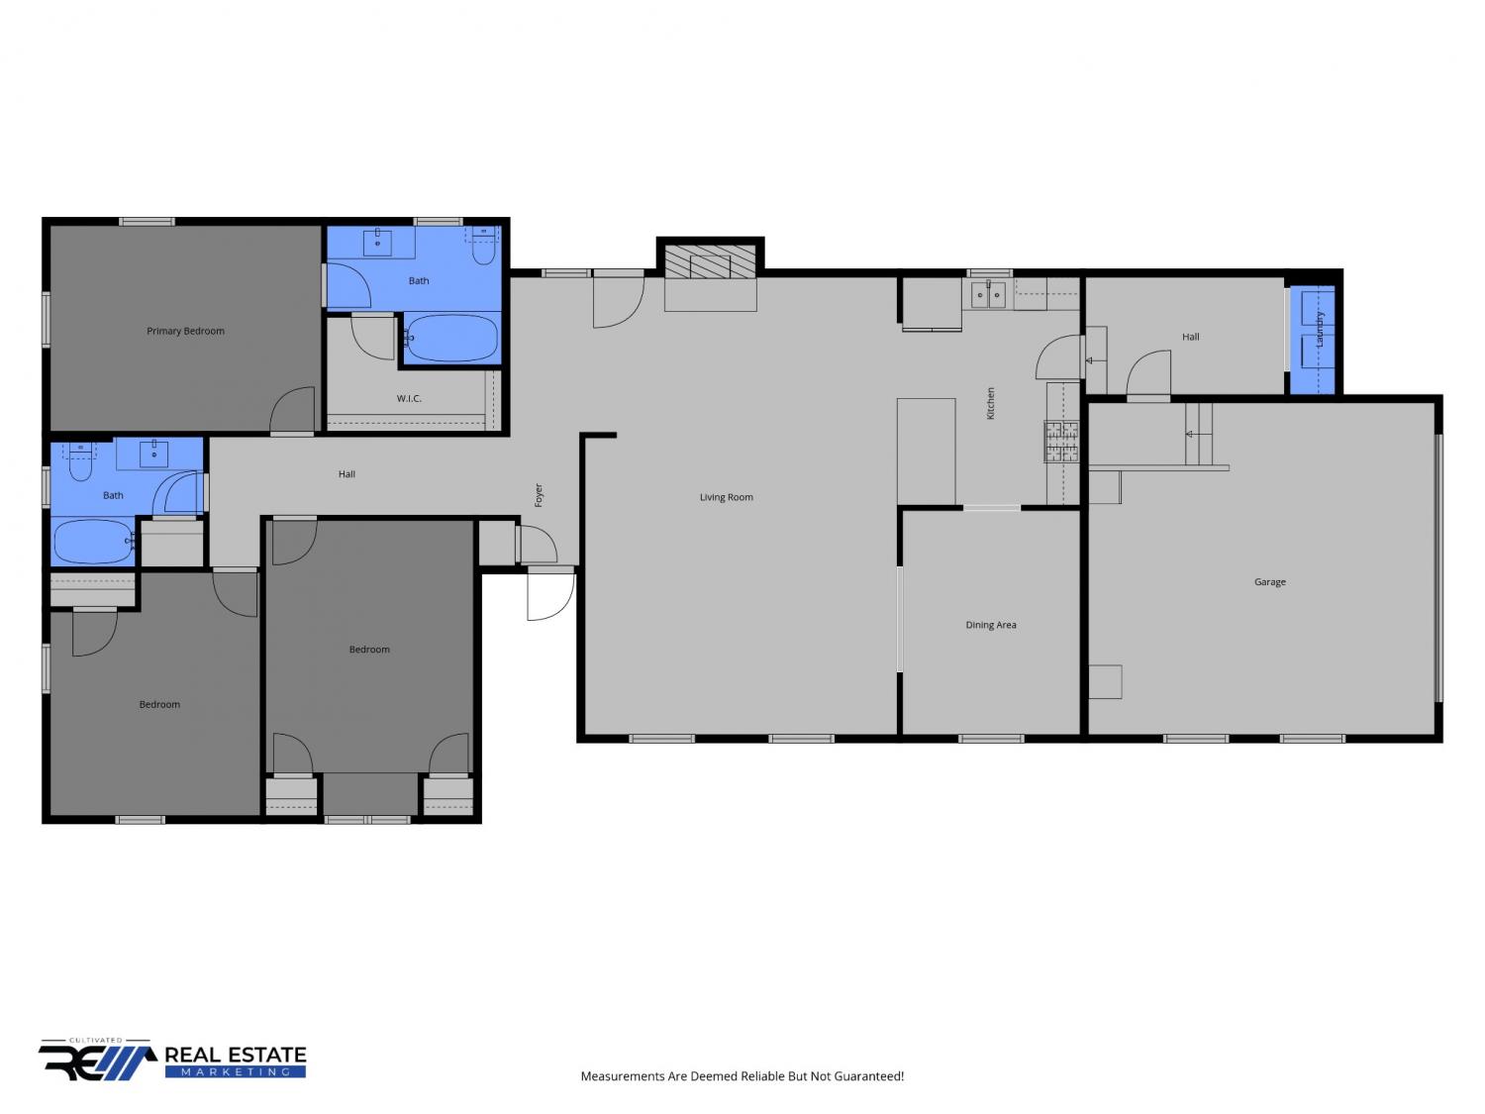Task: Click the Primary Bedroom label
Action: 185,331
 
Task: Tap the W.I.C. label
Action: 409,398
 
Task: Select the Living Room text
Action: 726,497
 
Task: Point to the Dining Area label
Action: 990,625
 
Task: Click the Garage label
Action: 1269,581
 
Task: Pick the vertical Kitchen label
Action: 990,403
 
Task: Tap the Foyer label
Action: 539,495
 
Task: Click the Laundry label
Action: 1320,330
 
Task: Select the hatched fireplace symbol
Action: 710,261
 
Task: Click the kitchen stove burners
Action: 1061,442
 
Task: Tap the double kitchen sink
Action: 988,295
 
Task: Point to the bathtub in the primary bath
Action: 451,338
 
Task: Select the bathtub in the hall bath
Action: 93,541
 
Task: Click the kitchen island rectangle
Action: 926,452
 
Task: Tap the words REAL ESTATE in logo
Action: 235,1056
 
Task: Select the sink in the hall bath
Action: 153,454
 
